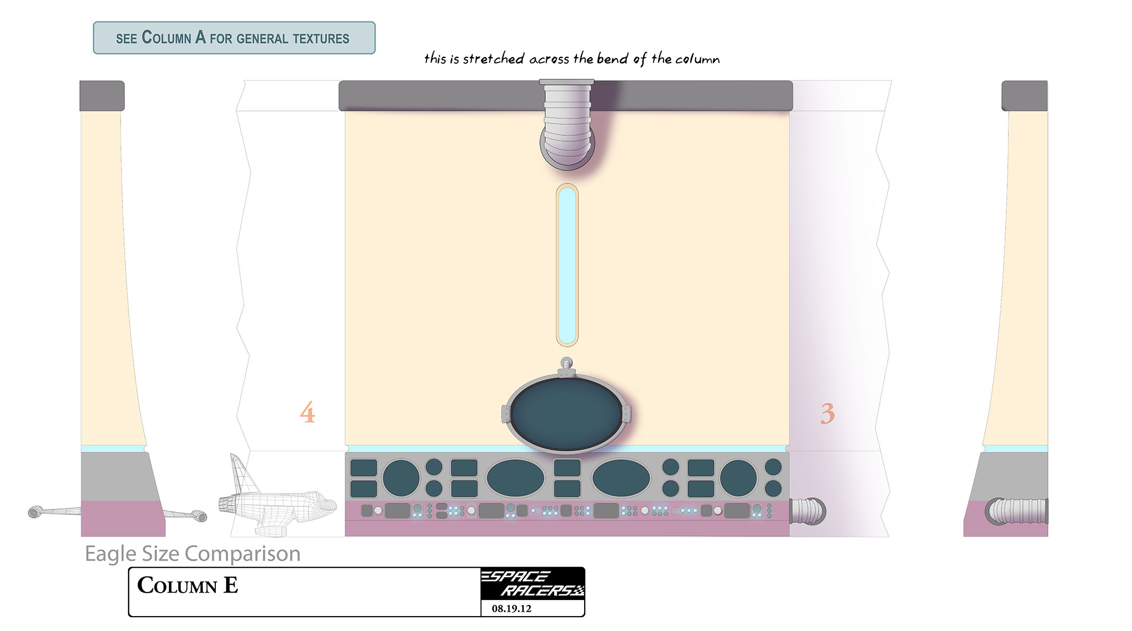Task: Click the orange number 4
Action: (308, 412)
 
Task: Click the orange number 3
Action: (827, 414)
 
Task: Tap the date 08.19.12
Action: (511, 609)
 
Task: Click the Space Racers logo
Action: (532, 584)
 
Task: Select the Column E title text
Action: (188, 585)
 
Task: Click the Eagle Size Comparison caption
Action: (192, 554)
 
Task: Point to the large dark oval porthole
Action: (567, 414)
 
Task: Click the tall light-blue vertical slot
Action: (567, 265)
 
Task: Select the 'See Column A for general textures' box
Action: (234, 38)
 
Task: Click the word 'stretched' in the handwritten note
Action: (494, 58)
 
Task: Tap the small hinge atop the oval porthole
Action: (567, 368)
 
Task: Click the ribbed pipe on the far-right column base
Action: (1017, 511)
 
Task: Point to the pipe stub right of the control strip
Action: (807, 511)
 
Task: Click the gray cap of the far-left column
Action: (102, 96)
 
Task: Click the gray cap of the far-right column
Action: (1024, 96)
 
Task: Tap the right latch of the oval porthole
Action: (626, 414)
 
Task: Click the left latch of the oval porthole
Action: (506, 414)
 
